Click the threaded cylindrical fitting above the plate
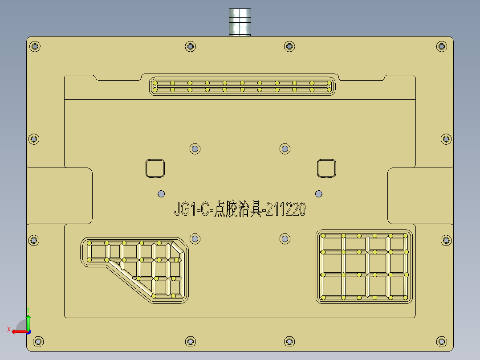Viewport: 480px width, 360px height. point(240,22)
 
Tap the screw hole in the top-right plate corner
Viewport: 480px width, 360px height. point(441,46)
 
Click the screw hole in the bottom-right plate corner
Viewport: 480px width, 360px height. point(441,342)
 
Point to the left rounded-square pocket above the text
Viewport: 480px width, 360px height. point(155,168)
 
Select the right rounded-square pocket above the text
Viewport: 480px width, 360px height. point(326,168)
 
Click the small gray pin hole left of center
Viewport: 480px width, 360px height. point(161,193)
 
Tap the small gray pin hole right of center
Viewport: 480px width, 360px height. point(318,193)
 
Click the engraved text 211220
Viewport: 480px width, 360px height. point(286,209)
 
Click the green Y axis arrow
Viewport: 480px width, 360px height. point(28,320)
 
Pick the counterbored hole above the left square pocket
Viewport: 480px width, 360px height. point(195,148)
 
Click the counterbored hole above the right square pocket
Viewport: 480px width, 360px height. point(285,148)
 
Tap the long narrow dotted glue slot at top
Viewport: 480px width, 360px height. point(242,86)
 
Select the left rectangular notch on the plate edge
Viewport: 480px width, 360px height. point(60,196)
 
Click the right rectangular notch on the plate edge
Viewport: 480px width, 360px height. point(420,196)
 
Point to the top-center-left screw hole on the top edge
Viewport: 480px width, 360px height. point(190,46)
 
